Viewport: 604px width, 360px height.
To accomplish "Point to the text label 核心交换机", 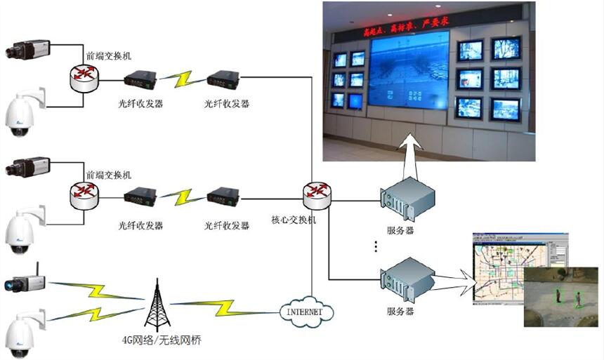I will click(294, 220).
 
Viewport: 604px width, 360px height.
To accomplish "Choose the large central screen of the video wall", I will click(407, 74).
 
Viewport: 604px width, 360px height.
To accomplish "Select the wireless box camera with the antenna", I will click(25, 282).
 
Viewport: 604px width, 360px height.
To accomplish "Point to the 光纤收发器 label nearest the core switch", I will click(227, 225).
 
